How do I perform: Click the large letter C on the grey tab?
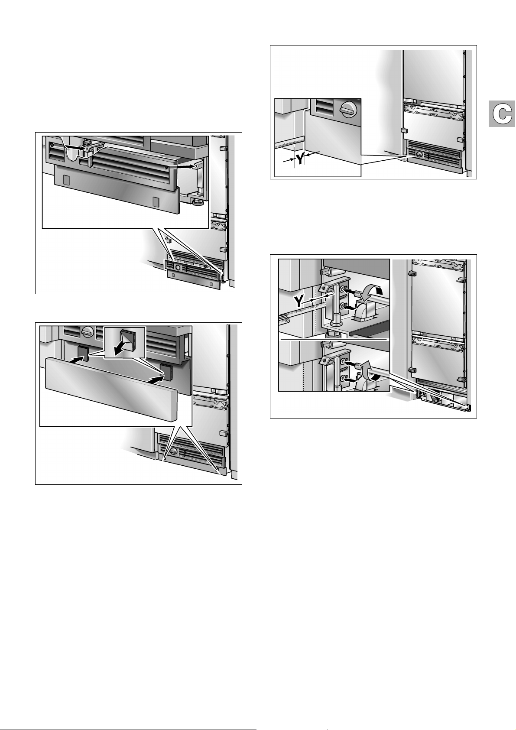(x=502, y=114)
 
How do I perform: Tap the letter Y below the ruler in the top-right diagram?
(x=299, y=159)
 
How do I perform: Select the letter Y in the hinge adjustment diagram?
(x=300, y=301)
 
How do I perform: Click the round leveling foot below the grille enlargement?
(x=198, y=203)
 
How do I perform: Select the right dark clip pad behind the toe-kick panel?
(x=166, y=372)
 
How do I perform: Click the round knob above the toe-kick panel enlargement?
(x=88, y=331)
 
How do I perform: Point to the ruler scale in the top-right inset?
(x=289, y=143)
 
